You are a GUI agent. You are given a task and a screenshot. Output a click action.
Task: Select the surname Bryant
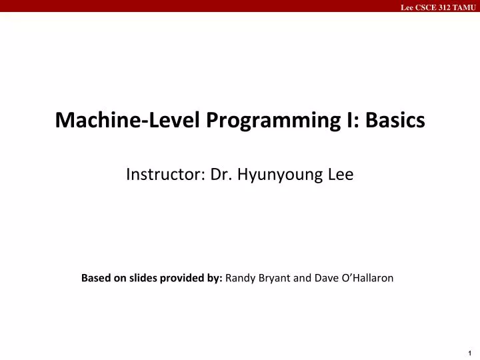click(x=273, y=279)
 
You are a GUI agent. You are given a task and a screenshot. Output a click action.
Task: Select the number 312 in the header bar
click(x=445, y=7)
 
